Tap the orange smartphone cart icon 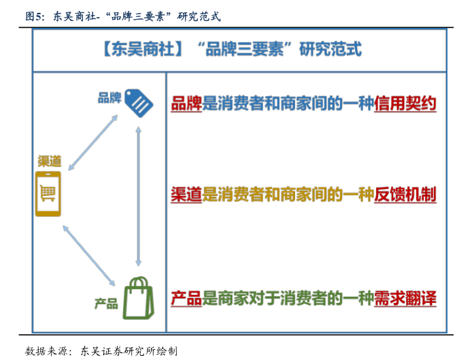48,195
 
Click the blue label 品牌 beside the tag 109,98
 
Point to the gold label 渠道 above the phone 50,161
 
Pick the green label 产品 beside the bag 106,304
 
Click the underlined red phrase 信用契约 405,104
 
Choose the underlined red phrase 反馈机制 405,195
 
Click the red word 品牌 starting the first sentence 186,104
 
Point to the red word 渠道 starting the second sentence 186,195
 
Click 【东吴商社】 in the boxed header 142,50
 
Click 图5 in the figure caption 35,16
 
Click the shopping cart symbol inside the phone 48,194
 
